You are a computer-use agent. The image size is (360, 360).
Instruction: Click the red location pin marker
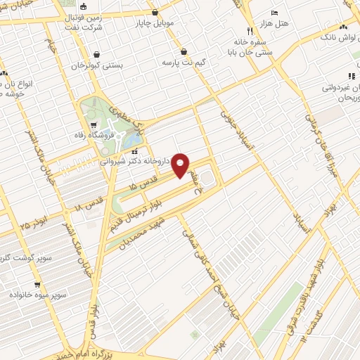click(x=181, y=165)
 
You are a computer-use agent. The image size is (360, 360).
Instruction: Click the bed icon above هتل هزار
click(x=275, y=13)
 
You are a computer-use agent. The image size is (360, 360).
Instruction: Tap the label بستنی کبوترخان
click(x=97, y=65)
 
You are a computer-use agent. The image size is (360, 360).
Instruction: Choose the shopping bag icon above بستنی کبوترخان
click(x=96, y=54)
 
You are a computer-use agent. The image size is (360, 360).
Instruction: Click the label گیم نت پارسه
click(x=184, y=63)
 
